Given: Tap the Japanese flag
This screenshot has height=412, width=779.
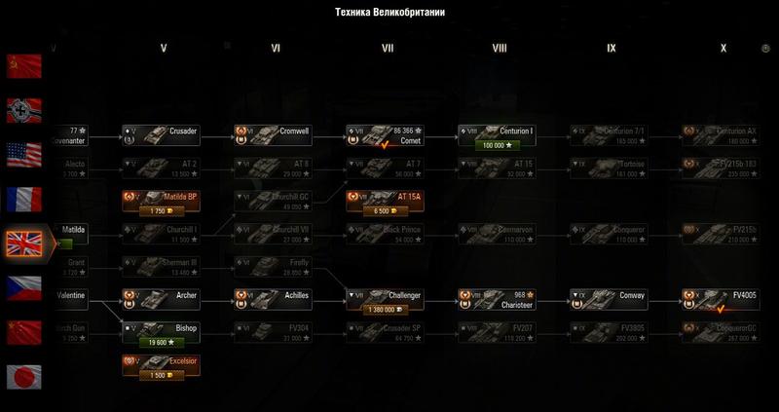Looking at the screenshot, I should pyautogui.click(x=23, y=376).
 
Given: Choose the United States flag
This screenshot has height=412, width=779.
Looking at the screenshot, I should pyautogui.click(x=23, y=153).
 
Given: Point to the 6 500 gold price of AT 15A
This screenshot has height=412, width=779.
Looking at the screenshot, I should pyautogui.click(x=384, y=209).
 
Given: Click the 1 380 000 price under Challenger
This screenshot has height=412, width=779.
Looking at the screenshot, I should pyautogui.click(x=384, y=309).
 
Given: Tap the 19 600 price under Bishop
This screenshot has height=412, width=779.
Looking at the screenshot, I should pyautogui.click(x=162, y=342).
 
